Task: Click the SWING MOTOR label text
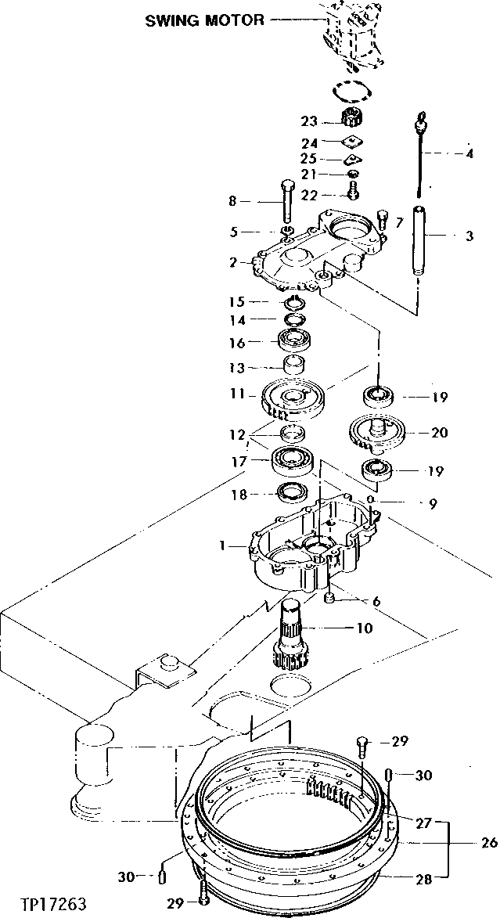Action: click(x=204, y=21)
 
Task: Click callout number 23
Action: click(x=310, y=121)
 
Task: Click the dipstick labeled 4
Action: click(x=422, y=157)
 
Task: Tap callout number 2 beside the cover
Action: click(x=233, y=262)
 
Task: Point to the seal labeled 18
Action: click(x=292, y=493)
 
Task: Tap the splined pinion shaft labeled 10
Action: click(x=293, y=634)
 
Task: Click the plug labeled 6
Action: click(x=330, y=599)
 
